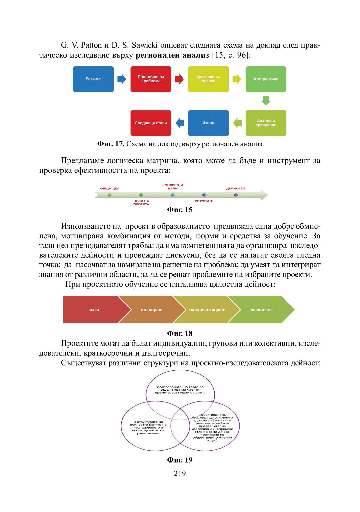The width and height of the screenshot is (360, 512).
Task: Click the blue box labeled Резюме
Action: pyautogui.click(x=93, y=79)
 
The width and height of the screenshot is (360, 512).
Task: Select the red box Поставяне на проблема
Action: pyautogui.click(x=151, y=79)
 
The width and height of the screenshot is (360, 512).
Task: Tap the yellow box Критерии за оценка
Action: pyautogui.click(x=208, y=79)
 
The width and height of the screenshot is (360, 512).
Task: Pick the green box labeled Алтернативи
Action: pyautogui.click(x=266, y=79)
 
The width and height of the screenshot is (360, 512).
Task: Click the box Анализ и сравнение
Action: pyautogui.click(x=266, y=123)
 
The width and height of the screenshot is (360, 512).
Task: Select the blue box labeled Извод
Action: pyautogui.click(x=208, y=123)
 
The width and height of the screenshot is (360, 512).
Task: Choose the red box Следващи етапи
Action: pyautogui.click(x=151, y=123)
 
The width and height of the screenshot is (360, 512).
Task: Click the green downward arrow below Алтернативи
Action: pyautogui.click(x=266, y=101)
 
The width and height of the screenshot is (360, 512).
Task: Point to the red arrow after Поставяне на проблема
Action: pyautogui.click(x=179, y=79)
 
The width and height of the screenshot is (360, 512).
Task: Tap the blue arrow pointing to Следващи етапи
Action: pyautogui.click(x=180, y=123)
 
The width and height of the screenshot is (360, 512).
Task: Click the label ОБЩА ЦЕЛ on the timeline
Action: pyautogui.click(x=110, y=189)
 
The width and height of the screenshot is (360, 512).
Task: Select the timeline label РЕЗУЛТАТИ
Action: pyautogui.click(x=204, y=201)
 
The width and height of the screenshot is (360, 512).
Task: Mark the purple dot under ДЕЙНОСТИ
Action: pyautogui.click(x=236, y=195)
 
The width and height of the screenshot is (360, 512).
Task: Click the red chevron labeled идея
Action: pyautogui.click(x=94, y=310)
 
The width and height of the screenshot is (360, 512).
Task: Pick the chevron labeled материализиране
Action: pyautogui.click(x=207, y=310)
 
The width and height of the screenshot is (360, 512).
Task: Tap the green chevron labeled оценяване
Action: pyautogui.click(x=262, y=310)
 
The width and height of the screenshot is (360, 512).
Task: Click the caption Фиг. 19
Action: pyautogui.click(x=180, y=460)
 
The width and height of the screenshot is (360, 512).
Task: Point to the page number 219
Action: pyautogui.click(x=180, y=473)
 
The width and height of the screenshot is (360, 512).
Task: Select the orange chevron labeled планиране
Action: pyautogui.click(x=152, y=310)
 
